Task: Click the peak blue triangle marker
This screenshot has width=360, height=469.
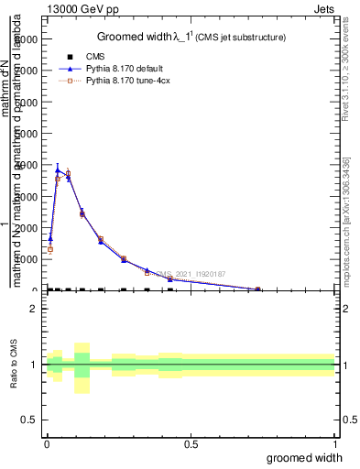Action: tap(58, 169)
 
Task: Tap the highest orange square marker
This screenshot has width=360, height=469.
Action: tap(68, 173)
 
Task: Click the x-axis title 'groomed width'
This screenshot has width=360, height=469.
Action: tap(311, 457)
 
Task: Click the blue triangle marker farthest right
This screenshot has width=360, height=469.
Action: tap(257, 289)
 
